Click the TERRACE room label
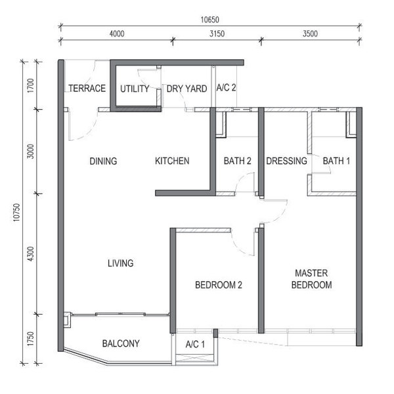[87, 88]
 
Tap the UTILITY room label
[135, 89]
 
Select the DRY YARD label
[186, 89]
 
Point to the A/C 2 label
[226, 87]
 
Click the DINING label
[103, 161]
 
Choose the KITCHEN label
[172, 161]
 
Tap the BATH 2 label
[238, 161]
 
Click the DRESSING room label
[286, 161]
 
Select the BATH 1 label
[336, 161]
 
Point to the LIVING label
[121, 263]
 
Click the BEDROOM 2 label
[219, 285]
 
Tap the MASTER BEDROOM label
[311, 279]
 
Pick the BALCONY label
[121, 343]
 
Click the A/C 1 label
[195, 344]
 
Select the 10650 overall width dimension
[210, 20]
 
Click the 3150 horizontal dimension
[217, 33]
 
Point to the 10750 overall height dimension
[16, 212]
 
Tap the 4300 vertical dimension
[30, 253]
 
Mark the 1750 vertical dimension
[30, 339]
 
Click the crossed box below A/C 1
[195, 358]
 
